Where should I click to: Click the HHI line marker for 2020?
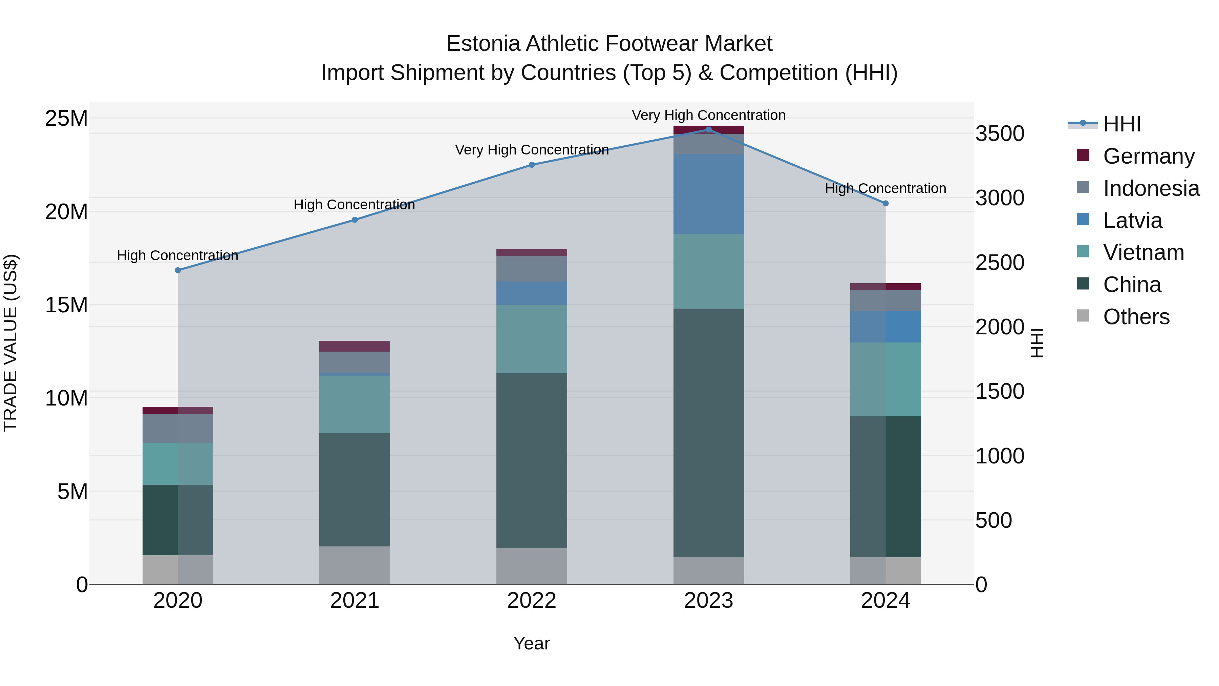[178, 270]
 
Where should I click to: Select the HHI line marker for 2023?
[708, 130]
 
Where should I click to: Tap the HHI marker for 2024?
[885, 204]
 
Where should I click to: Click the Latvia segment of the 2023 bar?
[708, 194]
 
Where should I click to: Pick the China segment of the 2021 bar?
[355, 490]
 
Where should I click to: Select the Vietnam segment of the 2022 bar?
[531, 339]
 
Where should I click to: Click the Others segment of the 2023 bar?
[708, 570]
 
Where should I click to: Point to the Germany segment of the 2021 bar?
[355, 346]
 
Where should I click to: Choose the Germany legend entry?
[1149, 156]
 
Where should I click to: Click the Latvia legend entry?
[1132, 221]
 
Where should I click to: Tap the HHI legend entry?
[1121, 124]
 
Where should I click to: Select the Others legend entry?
[1136, 317]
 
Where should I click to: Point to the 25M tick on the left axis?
[66, 118]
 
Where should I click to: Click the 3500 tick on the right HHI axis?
[1000, 134]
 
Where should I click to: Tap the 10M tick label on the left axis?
[66, 398]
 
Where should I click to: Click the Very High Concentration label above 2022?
[531, 150]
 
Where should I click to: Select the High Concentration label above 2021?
[355, 205]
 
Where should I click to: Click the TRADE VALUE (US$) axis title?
[10, 343]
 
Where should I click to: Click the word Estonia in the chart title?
[483, 44]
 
